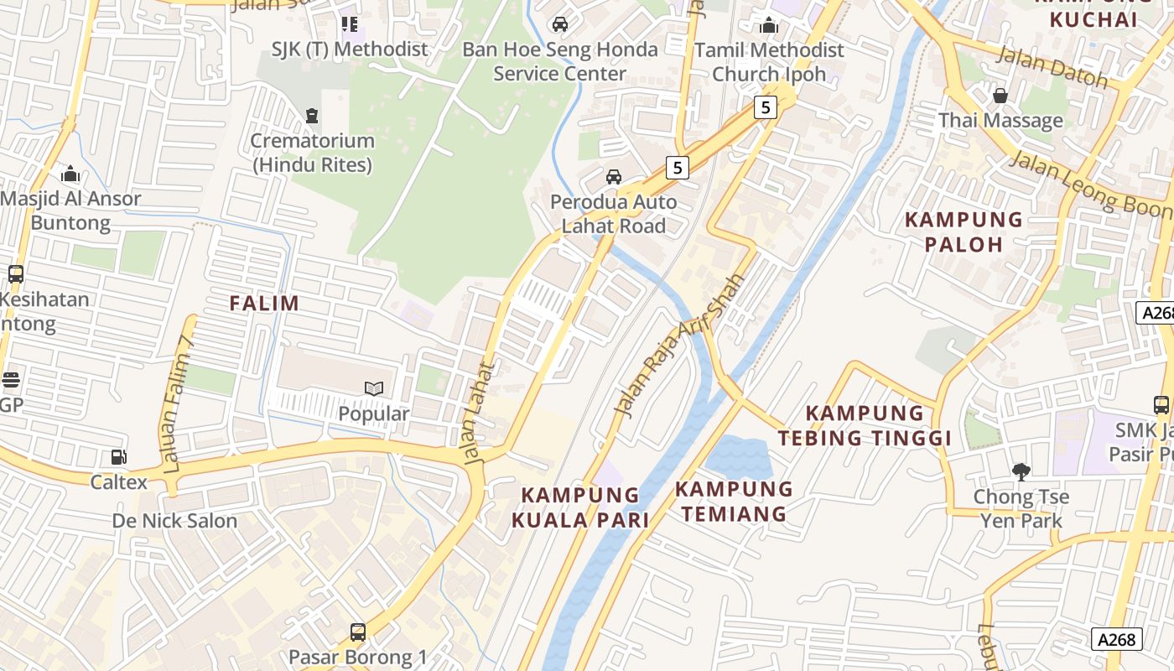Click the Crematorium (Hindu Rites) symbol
[312, 115]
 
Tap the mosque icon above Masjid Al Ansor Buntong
[70, 174]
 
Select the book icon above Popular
[374, 388]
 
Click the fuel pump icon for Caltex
[119, 457]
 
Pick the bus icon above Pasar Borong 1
[358, 632]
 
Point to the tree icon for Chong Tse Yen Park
[1021, 471]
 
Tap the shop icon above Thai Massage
[1000, 96]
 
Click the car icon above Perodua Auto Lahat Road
[614, 177]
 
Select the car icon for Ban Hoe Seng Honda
[560, 24]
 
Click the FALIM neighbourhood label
[264, 303]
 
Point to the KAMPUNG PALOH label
[964, 231]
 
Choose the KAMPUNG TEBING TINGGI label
[865, 425]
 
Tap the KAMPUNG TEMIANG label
[734, 501]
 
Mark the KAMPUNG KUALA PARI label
[580, 507]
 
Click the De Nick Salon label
[174, 521]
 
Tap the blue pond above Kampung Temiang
[738, 457]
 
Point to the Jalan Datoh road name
[1052, 68]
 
